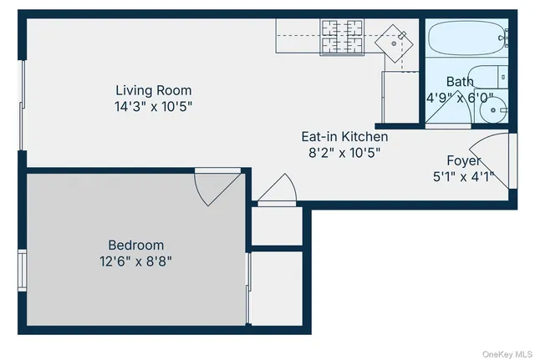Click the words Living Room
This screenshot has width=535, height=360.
[153, 90]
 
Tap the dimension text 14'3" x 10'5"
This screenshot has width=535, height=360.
[153, 106]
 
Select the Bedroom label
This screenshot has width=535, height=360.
[135, 245]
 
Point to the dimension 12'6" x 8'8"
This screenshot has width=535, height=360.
[135, 261]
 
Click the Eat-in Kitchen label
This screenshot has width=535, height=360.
[344, 136]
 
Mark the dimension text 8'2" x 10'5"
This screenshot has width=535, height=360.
[344, 152]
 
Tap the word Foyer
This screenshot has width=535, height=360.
[462, 160]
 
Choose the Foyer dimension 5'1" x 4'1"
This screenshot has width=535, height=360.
[462, 176]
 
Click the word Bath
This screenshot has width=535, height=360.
[459, 81]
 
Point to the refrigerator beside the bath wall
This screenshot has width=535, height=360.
[399, 96]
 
